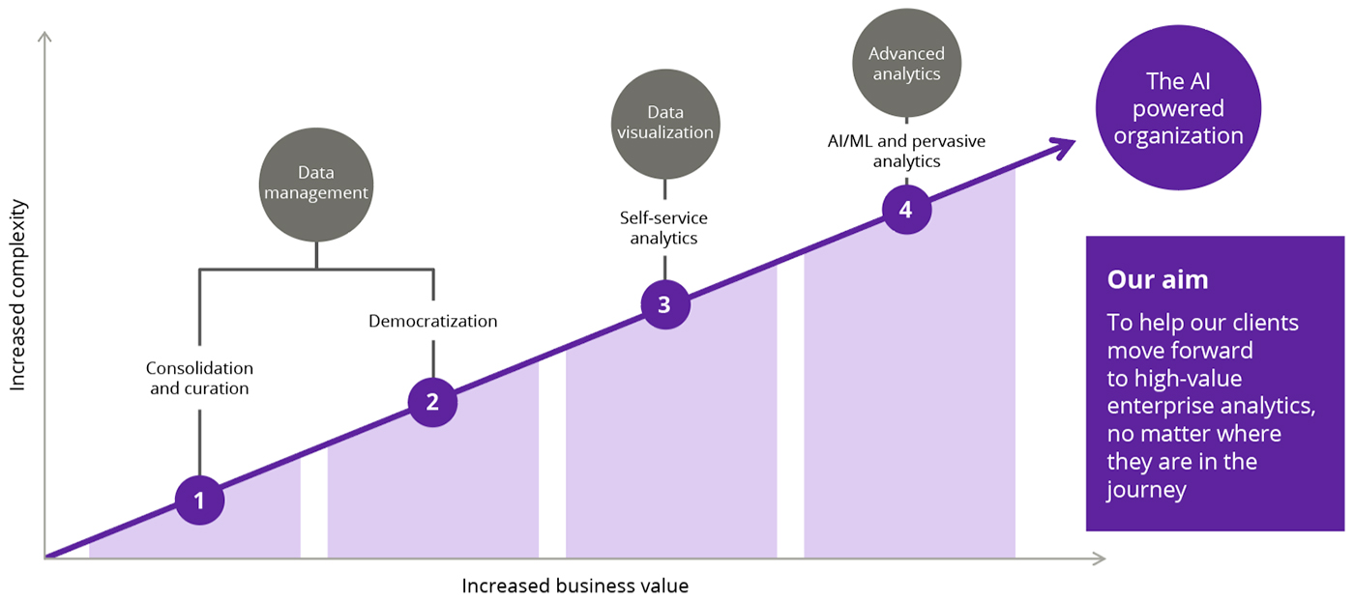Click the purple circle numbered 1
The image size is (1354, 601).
(x=200, y=501)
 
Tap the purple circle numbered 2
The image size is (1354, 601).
(x=432, y=402)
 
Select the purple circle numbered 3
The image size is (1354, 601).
(x=664, y=304)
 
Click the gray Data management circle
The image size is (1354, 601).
(x=316, y=184)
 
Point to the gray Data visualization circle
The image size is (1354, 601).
(x=665, y=123)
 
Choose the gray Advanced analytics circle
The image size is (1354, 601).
(x=905, y=64)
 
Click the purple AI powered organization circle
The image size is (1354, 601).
(x=1178, y=109)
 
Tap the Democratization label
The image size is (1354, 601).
(x=432, y=321)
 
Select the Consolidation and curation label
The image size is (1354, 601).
(x=199, y=379)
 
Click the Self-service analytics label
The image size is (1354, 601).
(x=663, y=228)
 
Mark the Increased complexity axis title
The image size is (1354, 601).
(x=17, y=296)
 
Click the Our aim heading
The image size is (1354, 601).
(x=1158, y=280)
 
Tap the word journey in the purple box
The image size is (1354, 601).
(x=1146, y=490)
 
